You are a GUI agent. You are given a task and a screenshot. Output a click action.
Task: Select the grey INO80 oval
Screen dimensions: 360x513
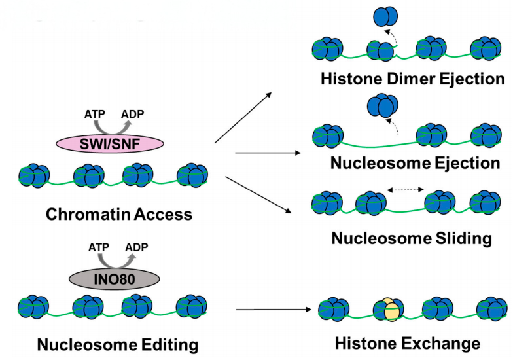[115, 278]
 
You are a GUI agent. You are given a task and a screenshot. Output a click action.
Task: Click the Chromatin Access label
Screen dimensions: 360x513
[119, 214]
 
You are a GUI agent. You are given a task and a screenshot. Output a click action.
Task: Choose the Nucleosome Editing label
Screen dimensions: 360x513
[117, 344]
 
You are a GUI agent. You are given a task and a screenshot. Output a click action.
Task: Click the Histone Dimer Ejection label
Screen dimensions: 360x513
[413, 79]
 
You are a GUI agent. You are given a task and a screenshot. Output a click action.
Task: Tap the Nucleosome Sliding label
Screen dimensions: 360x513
[412, 238]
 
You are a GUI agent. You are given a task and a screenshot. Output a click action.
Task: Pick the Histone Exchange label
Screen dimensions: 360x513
[408, 343]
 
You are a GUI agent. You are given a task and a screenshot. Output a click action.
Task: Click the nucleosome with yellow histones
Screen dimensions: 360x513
[387, 310]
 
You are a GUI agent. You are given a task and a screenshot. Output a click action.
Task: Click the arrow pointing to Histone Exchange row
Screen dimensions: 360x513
[272, 308]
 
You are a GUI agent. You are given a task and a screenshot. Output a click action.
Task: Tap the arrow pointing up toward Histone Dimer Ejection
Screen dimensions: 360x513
[243, 118]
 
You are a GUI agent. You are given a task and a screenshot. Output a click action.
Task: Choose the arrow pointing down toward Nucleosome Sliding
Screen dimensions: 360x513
[258, 194]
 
